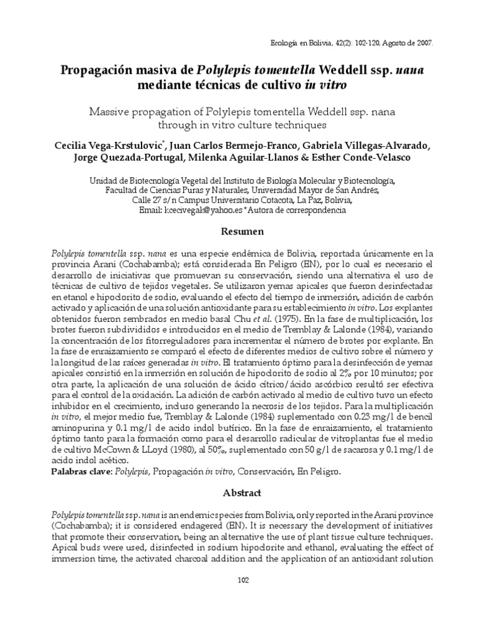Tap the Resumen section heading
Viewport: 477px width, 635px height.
tap(238, 232)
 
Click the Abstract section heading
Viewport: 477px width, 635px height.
tap(238, 492)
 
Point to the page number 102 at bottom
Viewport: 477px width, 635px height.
tap(238, 580)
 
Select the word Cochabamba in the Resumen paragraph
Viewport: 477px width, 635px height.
tap(120, 264)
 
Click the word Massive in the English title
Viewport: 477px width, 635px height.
tap(115, 112)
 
